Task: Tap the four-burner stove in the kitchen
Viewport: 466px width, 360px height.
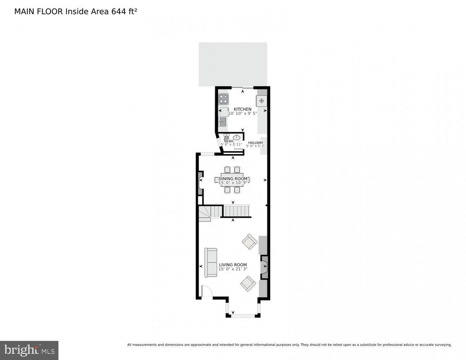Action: pyautogui.click(x=224, y=99)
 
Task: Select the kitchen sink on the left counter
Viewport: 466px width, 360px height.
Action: pyautogui.click(x=222, y=122)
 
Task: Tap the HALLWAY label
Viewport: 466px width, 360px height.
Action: pyautogui.click(x=256, y=142)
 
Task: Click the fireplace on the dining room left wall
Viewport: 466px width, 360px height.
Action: pyautogui.click(x=200, y=182)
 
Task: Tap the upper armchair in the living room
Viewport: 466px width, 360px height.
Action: pyautogui.click(x=249, y=242)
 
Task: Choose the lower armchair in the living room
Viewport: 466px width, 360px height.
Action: pyautogui.click(x=248, y=284)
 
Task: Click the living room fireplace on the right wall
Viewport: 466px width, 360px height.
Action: pyautogui.click(x=264, y=267)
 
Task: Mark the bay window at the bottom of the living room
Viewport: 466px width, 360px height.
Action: pyautogui.click(x=242, y=315)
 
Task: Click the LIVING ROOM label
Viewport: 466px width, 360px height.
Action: pyautogui.click(x=233, y=265)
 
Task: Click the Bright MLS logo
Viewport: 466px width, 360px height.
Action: pyautogui.click(x=29, y=350)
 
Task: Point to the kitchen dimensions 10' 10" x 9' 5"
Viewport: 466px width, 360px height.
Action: pyautogui.click(x=243, y=114)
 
